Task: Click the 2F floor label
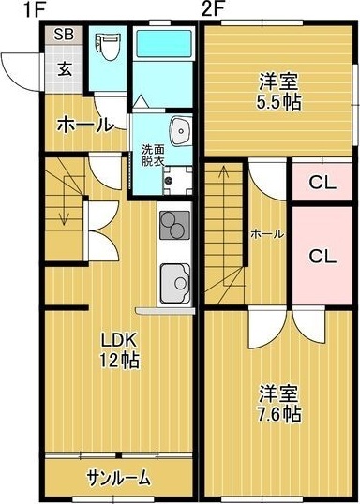[x=213, y=10]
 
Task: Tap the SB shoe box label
[x=64, y=35]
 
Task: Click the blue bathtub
[x=162, y=45]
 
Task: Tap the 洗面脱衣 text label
[x=152, y=155]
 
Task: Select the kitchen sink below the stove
[x=174, y=281]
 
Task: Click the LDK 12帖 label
[x=119, y=350]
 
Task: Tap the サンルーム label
[x=118, y=478]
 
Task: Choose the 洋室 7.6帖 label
[x=279, y=402]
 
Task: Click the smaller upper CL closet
[x=322, y=183]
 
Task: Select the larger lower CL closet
[x=322, y=255]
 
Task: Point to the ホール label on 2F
[x=267, y=234]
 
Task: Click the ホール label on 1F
[x=85, y=124]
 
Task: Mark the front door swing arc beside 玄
[x=19, y=67]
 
